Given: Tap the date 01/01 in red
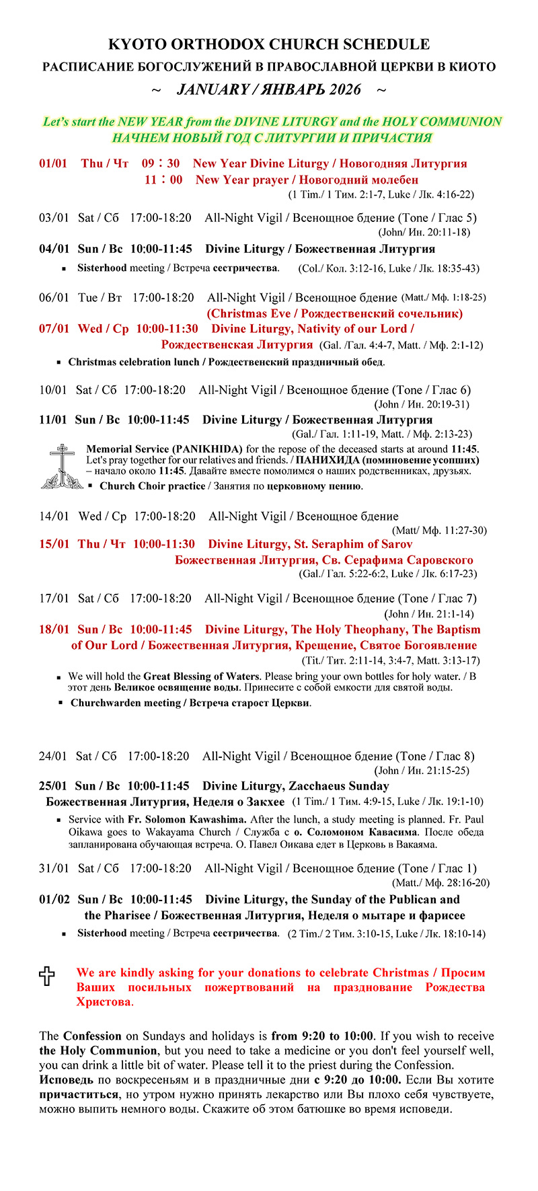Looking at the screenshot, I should click(53, 163).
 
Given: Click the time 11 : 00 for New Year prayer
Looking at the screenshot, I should click(163, 180).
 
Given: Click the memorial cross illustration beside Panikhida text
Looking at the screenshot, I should click(63, 465).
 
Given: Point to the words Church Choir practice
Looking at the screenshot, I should click(153, 486).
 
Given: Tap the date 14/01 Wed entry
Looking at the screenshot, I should click(54, 516).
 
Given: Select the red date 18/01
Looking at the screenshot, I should click(54, 629).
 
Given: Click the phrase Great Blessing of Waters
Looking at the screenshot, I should click(201, 677).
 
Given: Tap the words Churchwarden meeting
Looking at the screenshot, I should click(126, 703).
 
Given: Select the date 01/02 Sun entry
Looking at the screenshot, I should click(54, 900).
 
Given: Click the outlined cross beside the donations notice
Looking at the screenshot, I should click(48, 976).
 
